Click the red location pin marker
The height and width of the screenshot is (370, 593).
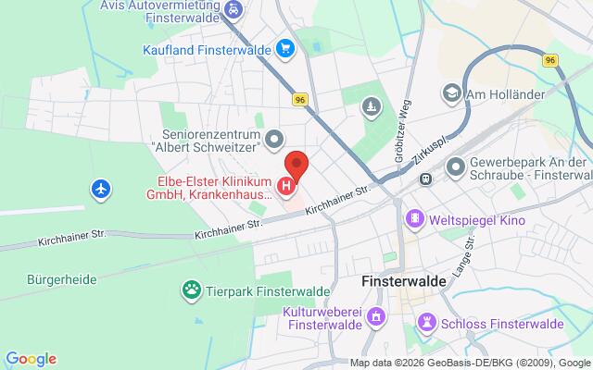[x=296, y=165]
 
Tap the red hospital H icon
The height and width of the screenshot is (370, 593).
[x=287, y=187]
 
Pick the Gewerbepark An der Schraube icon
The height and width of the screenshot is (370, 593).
[x=456, y=168]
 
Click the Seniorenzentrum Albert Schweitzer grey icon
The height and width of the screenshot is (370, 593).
[x=272, y=141]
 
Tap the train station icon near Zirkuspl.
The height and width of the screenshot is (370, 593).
[x=424, y=179]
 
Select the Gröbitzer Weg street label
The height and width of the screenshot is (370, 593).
[x=405, y=129]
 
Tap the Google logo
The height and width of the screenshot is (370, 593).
[x=31, y=359]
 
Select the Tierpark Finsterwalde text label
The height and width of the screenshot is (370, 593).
[x=264, y=291]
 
